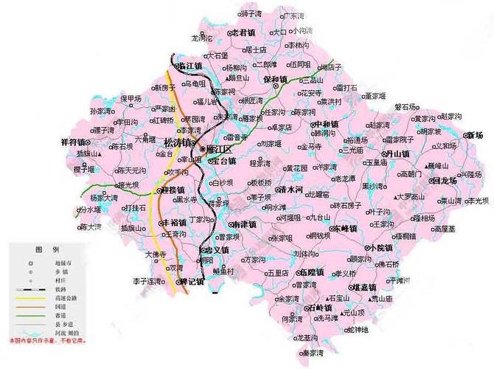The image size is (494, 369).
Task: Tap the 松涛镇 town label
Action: tap(181, 142)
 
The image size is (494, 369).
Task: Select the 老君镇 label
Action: tap(246, 32)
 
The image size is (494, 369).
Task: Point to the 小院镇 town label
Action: tap(382, 247)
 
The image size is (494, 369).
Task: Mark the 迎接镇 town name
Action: tap(174, 190)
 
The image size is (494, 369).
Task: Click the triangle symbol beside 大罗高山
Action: tap(396, 197)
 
